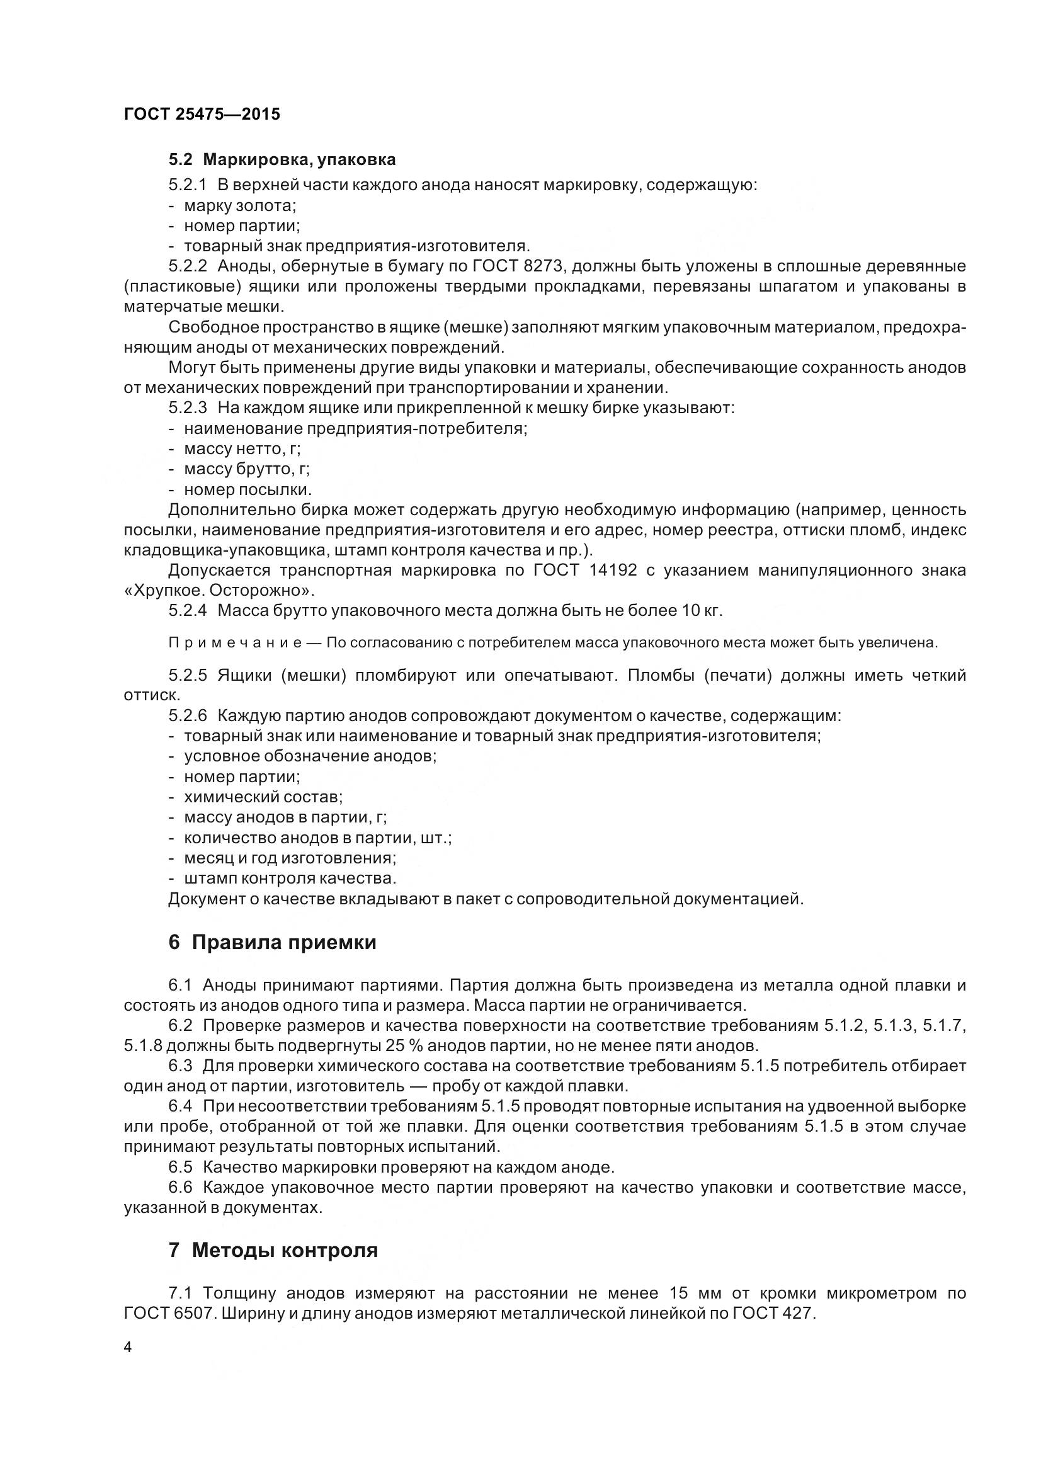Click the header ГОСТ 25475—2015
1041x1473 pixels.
pos(202,114)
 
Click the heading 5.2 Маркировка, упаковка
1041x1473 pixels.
pos(282,159)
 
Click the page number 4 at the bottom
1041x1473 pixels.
pos(128,1348)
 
